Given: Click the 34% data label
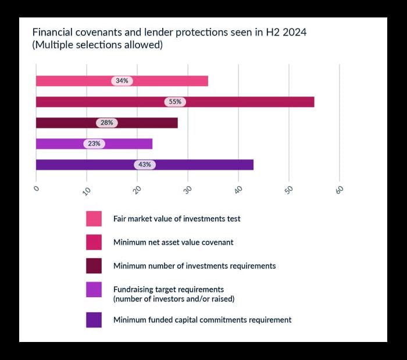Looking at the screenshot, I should tap(122, 81).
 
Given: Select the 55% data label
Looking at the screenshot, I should tap(175, 102).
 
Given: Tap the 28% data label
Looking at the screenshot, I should tap(107, 123).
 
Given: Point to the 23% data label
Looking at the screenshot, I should tap(94, 144).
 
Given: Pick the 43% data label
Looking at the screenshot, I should tap(145, 165).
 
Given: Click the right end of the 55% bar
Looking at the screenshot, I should tap(313, 102).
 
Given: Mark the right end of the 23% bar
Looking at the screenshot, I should tap(152, 144).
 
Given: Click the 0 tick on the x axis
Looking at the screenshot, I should tap(36, 188).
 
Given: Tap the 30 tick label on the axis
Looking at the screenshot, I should tap(187, 190).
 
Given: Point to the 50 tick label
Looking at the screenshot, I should tap(289, 190).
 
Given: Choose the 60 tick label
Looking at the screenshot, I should tap(340, 190).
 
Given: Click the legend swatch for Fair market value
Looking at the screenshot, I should tap(94, 219).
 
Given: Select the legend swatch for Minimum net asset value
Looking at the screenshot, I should tap(94, 242).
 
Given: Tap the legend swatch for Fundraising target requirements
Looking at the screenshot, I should tap(94, 289).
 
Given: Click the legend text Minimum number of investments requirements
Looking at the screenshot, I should tap(194, 266).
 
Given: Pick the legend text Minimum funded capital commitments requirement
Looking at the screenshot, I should tap(202, 320).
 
